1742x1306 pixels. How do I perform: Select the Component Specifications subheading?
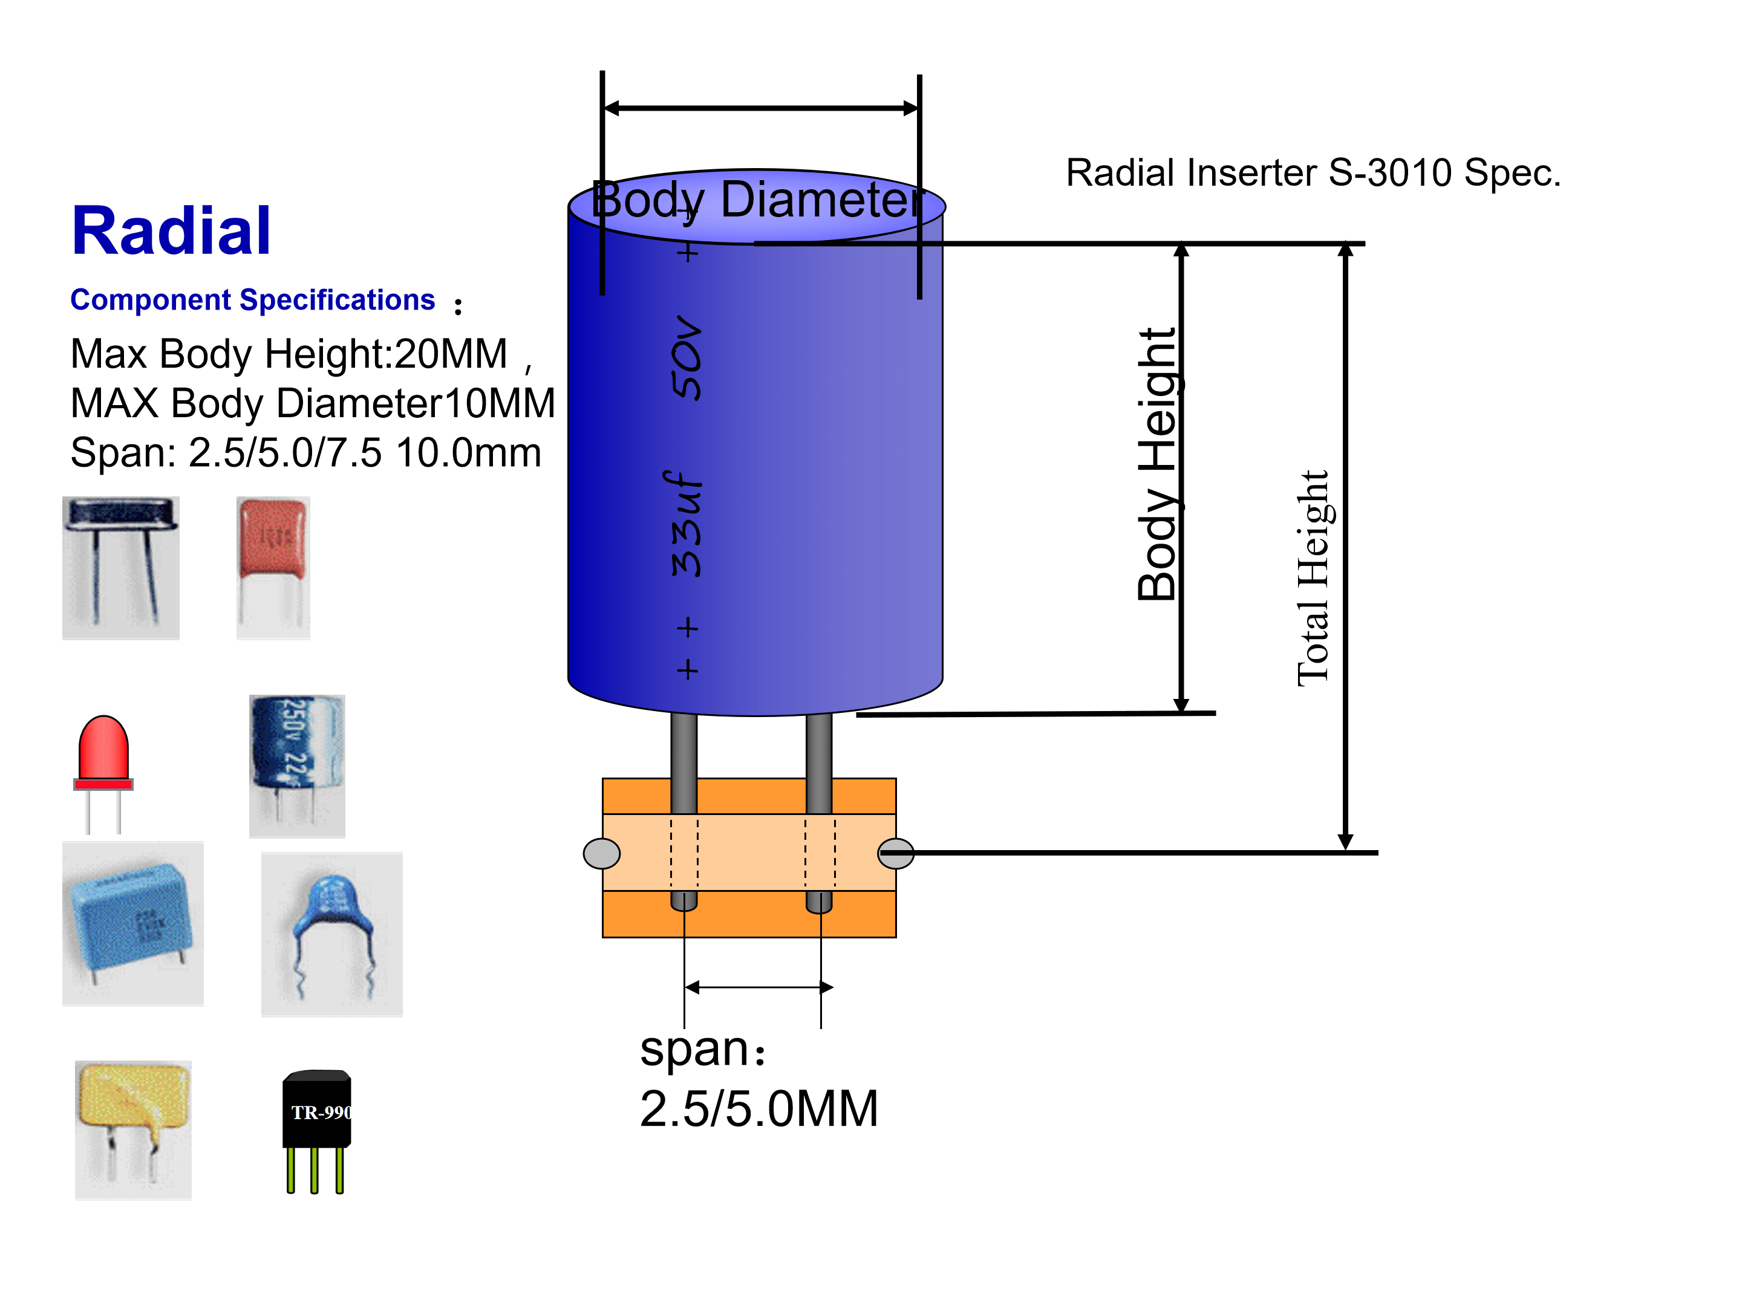252,300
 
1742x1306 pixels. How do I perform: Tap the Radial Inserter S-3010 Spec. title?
1312,173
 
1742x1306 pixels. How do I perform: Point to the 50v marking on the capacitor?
686,358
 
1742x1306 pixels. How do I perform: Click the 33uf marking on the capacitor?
686,524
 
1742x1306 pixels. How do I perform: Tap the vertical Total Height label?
1313,579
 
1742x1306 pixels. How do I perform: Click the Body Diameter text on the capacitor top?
756,200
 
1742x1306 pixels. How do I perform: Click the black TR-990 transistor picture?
316,1129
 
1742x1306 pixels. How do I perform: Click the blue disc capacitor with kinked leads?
331,934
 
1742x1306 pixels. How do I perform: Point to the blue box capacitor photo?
132,923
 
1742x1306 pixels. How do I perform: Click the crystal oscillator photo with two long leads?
120,566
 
